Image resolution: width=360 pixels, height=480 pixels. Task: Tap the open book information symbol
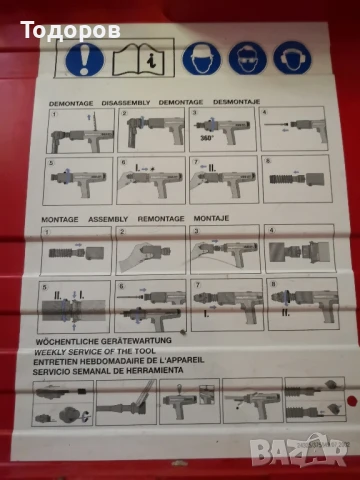point(138,60)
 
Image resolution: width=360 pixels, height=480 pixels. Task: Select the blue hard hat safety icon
point(201,59)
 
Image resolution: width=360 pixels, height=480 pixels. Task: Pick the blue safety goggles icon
point(247,59)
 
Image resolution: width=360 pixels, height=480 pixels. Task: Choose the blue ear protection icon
point(292,59)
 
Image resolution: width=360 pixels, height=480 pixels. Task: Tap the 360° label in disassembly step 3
point(210,139)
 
